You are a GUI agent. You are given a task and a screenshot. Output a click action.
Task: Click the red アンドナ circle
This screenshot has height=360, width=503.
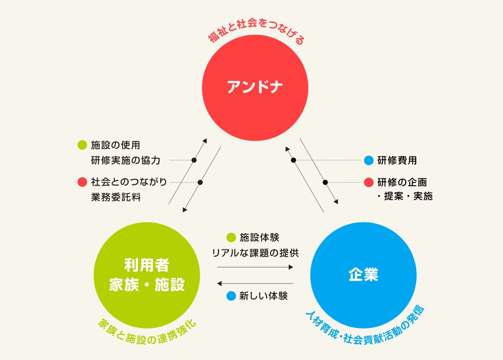(256, 87)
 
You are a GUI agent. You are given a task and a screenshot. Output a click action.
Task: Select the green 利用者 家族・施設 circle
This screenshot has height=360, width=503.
(147, 275)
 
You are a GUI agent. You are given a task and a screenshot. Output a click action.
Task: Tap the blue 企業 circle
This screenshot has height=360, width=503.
(363, 275)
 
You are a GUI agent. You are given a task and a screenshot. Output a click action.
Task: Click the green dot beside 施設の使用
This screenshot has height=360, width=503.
(83, 145)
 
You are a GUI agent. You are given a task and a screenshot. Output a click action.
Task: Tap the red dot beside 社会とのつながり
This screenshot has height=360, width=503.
(83, 182)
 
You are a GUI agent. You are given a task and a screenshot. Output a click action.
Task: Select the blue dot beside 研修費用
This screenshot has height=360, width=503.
(369, 161)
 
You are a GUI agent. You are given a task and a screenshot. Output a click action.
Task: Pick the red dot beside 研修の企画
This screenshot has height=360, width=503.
(369, 182)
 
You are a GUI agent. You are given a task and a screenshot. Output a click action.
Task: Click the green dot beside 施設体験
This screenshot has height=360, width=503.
(231, 238)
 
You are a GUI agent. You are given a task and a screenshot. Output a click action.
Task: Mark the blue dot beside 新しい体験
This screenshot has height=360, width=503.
(231, 296)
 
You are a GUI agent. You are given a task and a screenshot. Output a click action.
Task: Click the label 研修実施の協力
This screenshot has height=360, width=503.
(125, 161)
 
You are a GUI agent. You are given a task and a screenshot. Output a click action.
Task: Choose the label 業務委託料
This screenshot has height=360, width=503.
(116, 197)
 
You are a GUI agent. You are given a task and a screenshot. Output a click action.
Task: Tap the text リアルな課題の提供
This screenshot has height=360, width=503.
(255, 253)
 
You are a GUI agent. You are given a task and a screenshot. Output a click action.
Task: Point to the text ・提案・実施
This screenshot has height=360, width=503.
(404, 196)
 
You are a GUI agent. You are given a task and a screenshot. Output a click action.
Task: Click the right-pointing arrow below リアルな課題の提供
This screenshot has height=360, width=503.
(255, 267)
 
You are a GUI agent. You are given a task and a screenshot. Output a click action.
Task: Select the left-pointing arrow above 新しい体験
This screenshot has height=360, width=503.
(255, 283)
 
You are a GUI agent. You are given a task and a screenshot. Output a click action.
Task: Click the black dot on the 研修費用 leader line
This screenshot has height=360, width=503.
(293, 160)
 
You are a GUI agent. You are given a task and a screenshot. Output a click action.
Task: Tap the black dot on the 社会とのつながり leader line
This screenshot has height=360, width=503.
(200, 182)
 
